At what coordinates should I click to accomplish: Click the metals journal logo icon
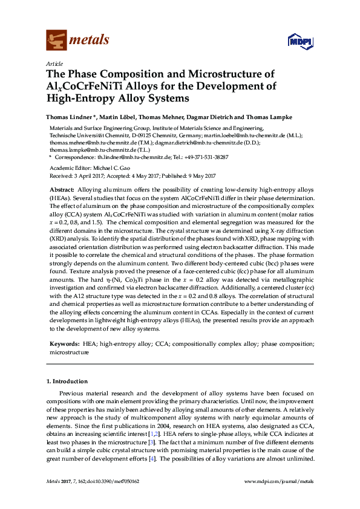[57, 40]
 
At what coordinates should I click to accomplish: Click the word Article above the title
[53, 63]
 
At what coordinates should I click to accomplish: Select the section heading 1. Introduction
[67, 381]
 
